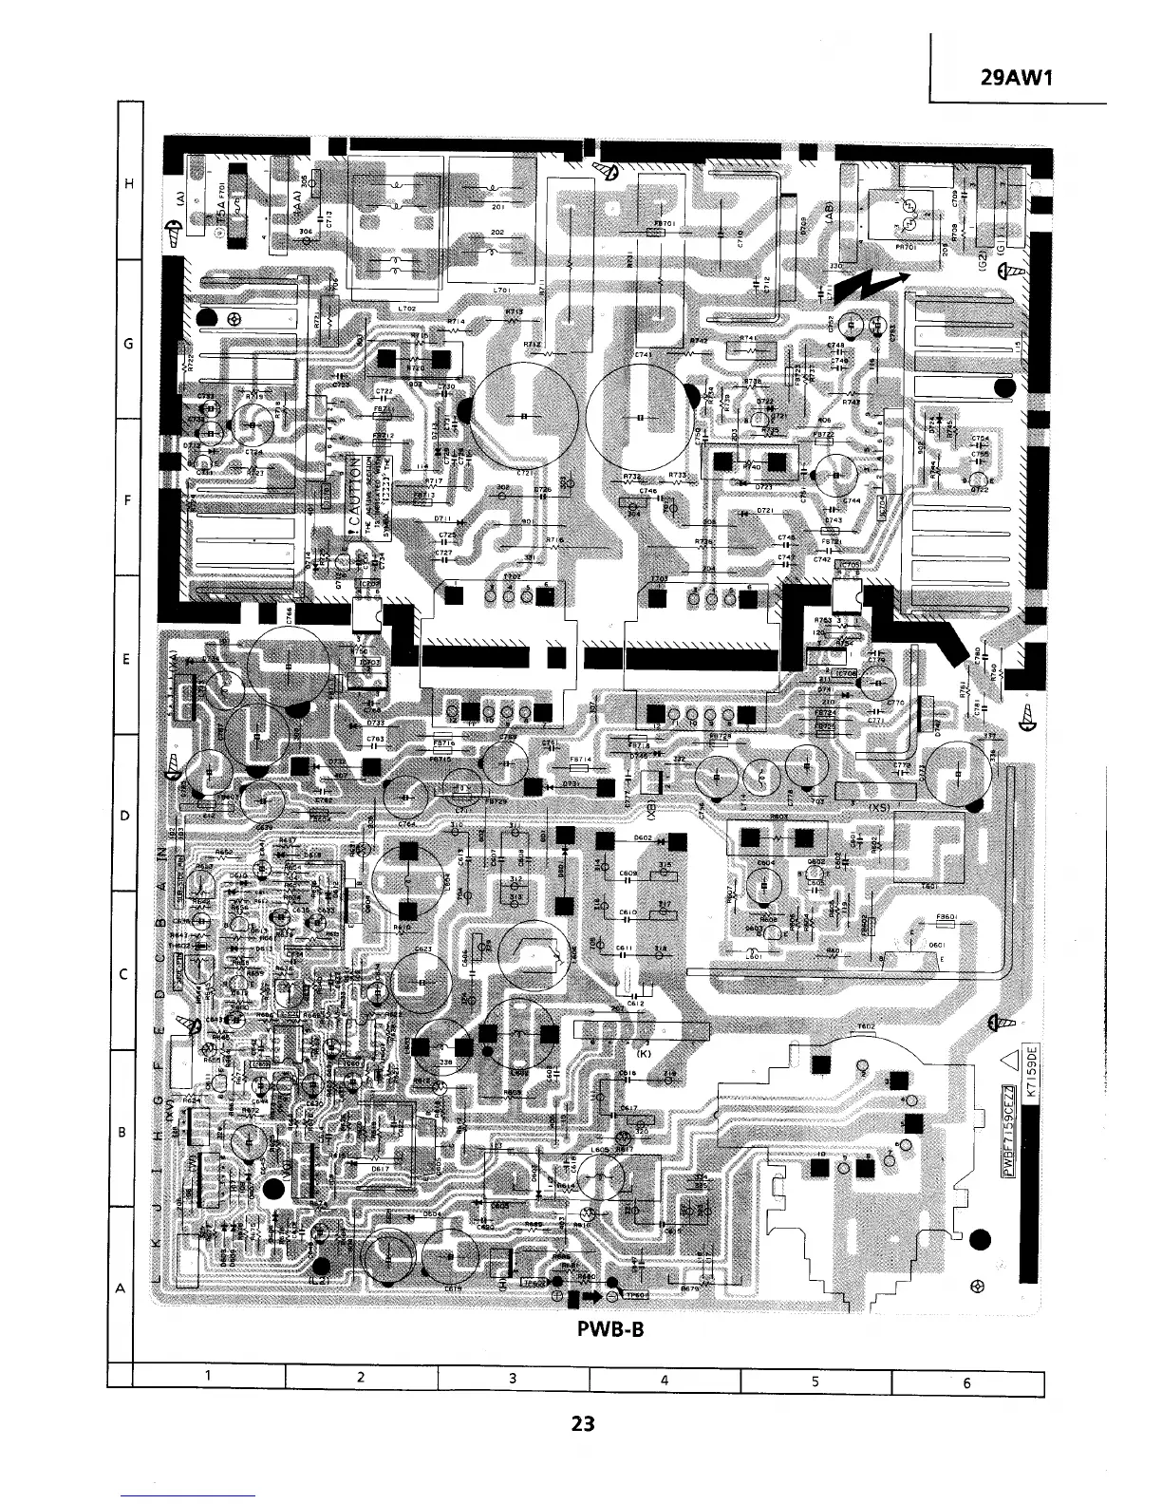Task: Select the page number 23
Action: click(x=582, y=1423)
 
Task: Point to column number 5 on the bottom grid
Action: click(x=815, y=1382)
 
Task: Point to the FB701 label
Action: click(x=664, y=224)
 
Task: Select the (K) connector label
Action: click(x=645, y=1053)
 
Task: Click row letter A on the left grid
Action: click(x=122, y=1288)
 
